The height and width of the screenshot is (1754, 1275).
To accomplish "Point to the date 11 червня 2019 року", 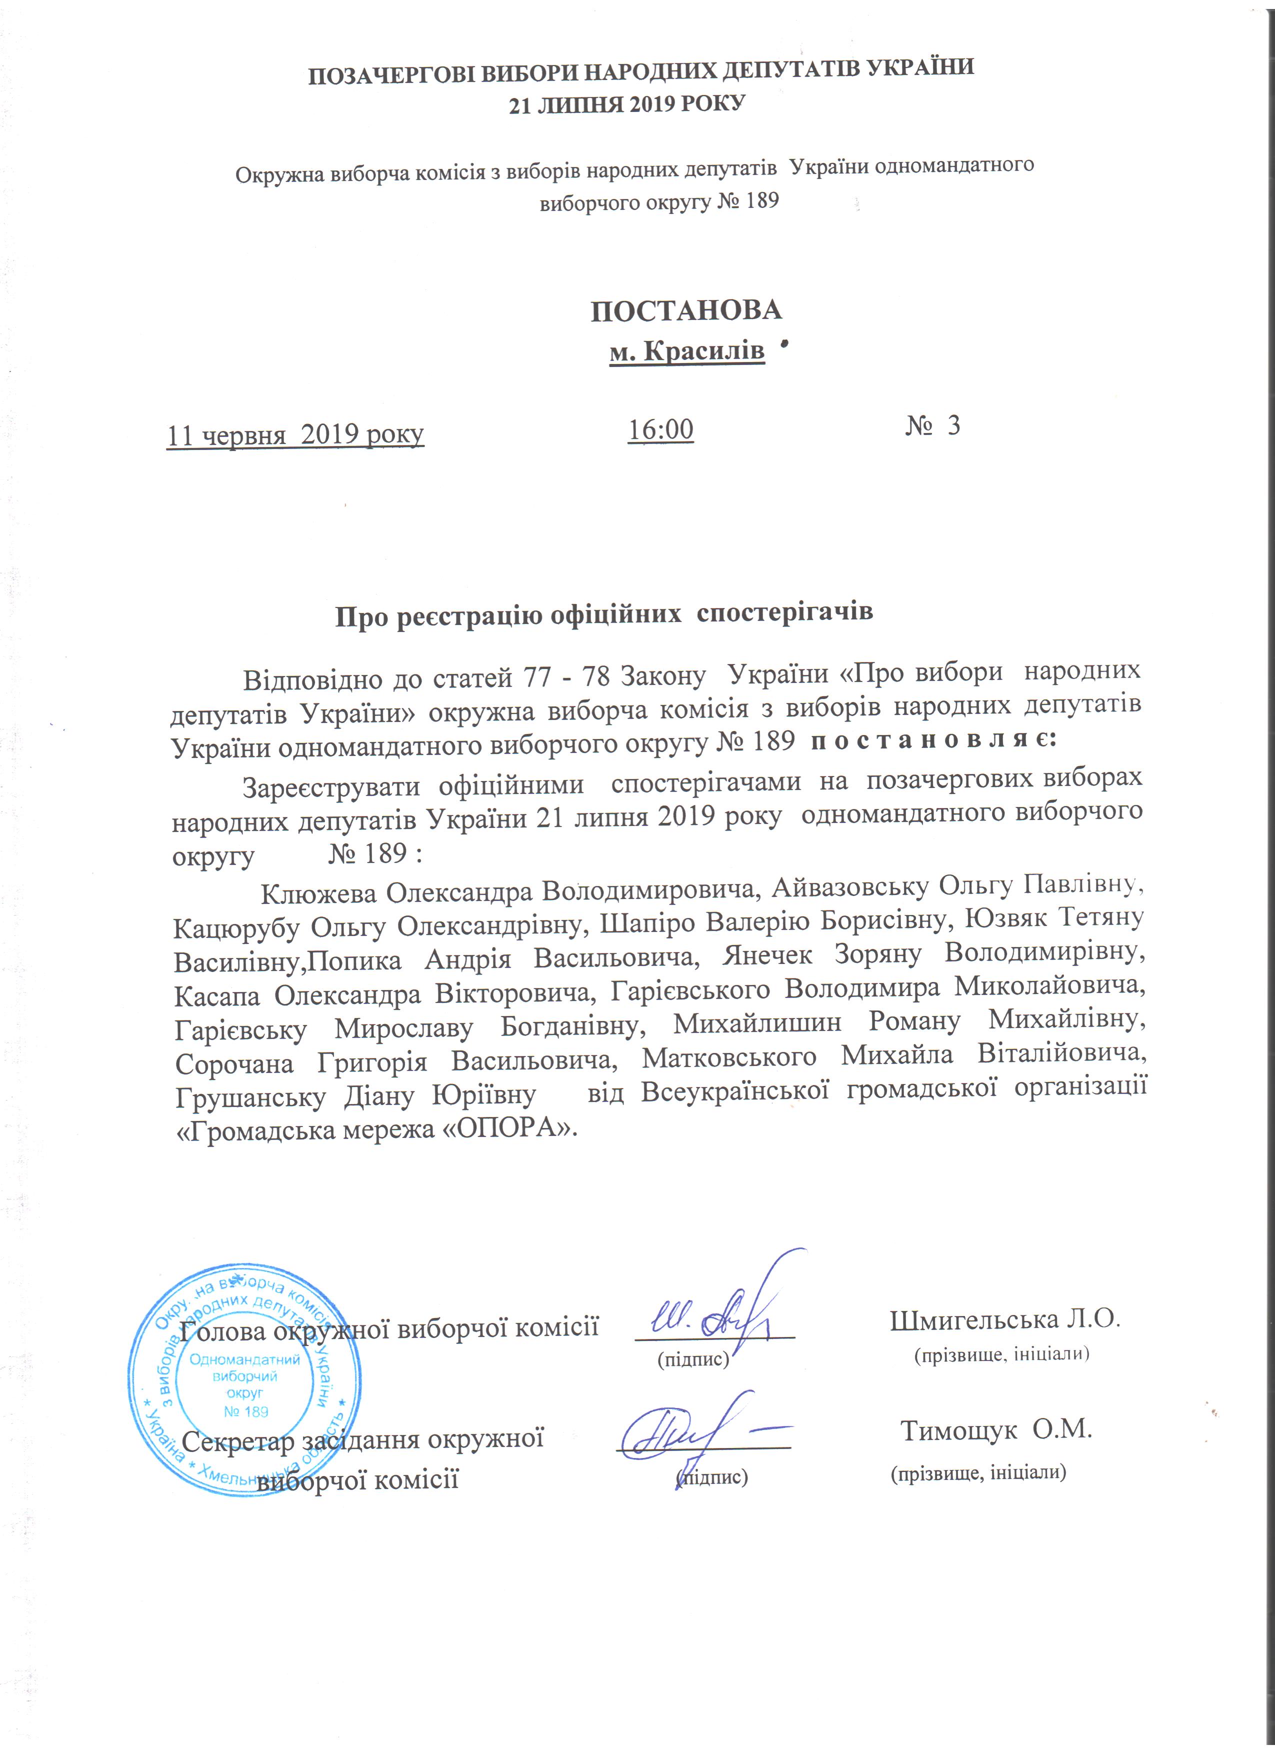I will click(295, 434).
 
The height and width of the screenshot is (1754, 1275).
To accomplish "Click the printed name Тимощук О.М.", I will click(996, 1430).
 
